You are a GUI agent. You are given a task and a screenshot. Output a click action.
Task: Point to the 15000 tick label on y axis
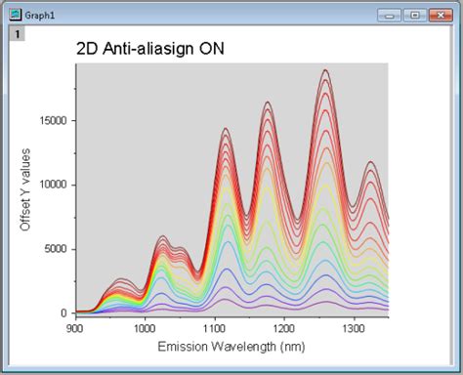(54, 121)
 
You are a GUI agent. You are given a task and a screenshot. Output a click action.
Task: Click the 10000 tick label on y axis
(54, 185)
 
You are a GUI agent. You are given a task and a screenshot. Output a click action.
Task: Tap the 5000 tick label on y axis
(57, 249)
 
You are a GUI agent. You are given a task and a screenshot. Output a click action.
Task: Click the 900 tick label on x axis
(75, 328)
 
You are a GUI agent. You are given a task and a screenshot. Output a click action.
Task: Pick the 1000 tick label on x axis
(145, 328)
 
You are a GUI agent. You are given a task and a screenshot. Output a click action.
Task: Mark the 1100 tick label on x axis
(214, 328)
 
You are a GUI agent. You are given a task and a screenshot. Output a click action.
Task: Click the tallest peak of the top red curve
(325, 70)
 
